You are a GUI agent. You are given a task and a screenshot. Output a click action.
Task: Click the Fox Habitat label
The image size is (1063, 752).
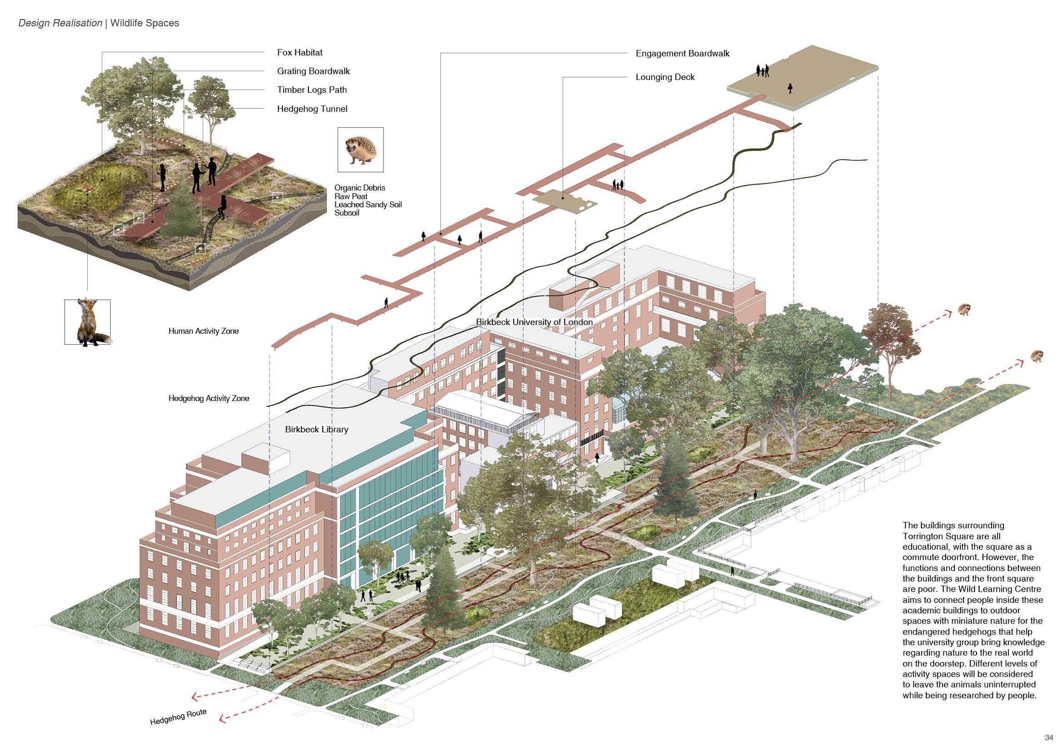click(x=299, y=52)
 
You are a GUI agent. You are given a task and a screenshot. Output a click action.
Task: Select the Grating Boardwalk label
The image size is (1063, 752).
click(x=313, y=71)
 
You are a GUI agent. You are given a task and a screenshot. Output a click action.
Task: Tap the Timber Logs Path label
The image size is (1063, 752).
click(x=312, y=90)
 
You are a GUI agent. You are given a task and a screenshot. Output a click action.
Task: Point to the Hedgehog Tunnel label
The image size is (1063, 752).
click(x=312, y=109)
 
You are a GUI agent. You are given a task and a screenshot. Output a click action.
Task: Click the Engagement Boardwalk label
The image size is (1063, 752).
click(x=682, y=53)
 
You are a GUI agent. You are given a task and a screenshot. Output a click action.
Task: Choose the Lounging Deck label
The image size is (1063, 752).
click(x=665, y=77)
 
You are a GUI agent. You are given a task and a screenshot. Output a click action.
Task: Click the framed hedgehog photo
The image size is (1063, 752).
click(x=360, y=150)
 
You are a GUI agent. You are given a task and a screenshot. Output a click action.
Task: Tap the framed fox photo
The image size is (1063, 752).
click(x=88, y=322)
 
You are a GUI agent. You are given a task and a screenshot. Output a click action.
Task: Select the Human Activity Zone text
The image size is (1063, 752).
click(x=203, y=331)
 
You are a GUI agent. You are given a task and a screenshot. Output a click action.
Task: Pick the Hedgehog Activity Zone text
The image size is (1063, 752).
click(x=208, y=398)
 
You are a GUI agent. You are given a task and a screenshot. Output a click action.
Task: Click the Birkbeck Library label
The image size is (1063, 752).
click(x=316, y=429)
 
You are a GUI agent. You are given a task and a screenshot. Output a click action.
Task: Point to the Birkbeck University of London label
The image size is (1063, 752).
click(x=534, y=322)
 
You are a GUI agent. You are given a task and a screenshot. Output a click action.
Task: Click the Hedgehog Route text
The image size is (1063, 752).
click(x=178, y=717)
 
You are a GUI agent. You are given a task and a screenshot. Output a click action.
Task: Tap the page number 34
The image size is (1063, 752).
click(x=1048, y=737)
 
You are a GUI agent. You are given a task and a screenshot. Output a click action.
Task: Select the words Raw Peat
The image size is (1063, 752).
click(x=350, y=196)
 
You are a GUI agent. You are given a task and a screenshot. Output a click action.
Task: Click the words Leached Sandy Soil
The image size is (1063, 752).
click(x=368, y=205)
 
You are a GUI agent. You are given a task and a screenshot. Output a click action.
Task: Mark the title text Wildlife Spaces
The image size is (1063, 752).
click(x=145, y=23)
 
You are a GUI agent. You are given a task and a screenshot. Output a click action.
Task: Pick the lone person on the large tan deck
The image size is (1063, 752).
click(x=790, y=88)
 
